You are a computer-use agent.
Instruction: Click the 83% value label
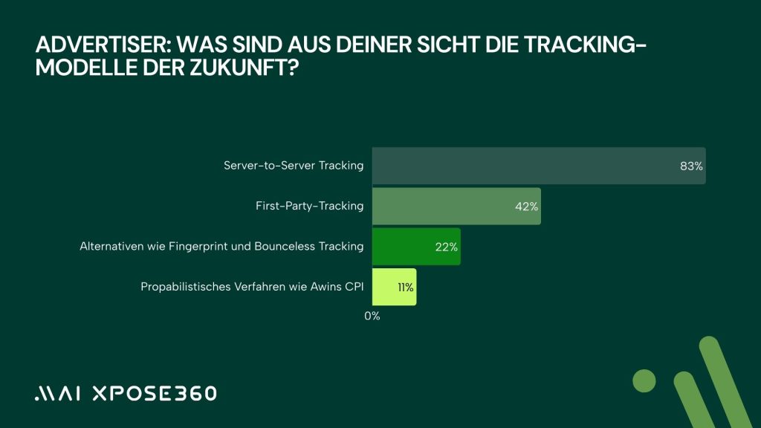pyautogui.click(x=691, y=166)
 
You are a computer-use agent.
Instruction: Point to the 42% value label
pyautogui.click(x=526, y=207)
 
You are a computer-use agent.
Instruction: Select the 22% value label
pyautogui.click(x=447, y=247)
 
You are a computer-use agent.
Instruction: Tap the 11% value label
pyautogui.click(x=406, y=287)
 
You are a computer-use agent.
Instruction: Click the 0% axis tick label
pyautogui.click(x=372, y=316)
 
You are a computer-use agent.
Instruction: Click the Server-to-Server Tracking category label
pyautogui.click(x=294, y=166)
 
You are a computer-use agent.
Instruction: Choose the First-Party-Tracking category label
pyautogui.click(x=309, y=206)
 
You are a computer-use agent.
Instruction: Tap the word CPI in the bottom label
pyautogui.click(x=353, y=287)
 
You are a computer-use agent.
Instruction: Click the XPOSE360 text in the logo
pyautogui.click(x=154, y=393)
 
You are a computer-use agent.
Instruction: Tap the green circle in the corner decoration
pyautogui.click(x=644, y=381)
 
